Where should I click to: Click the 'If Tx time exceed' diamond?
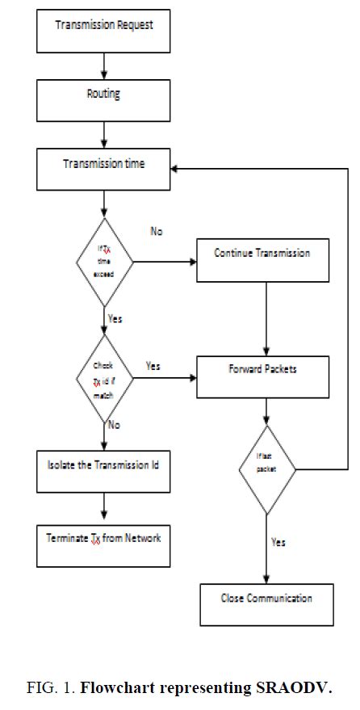[x=105, y=261]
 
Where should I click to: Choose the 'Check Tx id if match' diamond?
[x=105, y=378]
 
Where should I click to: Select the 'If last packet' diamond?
[x=266, y=470]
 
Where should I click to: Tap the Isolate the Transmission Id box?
[x=103, y=470]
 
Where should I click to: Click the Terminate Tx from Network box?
[x=103, y=543]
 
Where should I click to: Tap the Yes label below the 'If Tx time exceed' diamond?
[x=115, y=319]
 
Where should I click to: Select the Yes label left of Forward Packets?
[x=153, y=366]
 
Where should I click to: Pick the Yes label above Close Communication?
[x=278, y=542]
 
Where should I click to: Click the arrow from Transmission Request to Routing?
[x=104, y=65]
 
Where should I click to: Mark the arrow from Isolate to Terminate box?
[x=104, y=507]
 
